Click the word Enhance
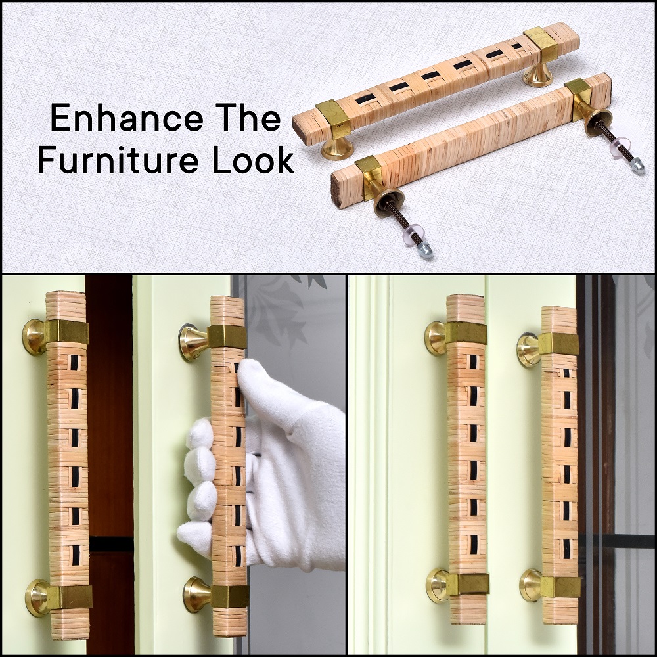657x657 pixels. pos(127,118)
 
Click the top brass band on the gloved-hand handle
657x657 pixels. pos(227,336)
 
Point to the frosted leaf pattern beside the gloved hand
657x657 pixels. pos(280,310)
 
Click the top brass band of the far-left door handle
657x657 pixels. pos(66,332)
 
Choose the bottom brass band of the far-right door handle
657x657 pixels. pos(560,587)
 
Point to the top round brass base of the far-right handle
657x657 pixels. pos(528,350)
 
